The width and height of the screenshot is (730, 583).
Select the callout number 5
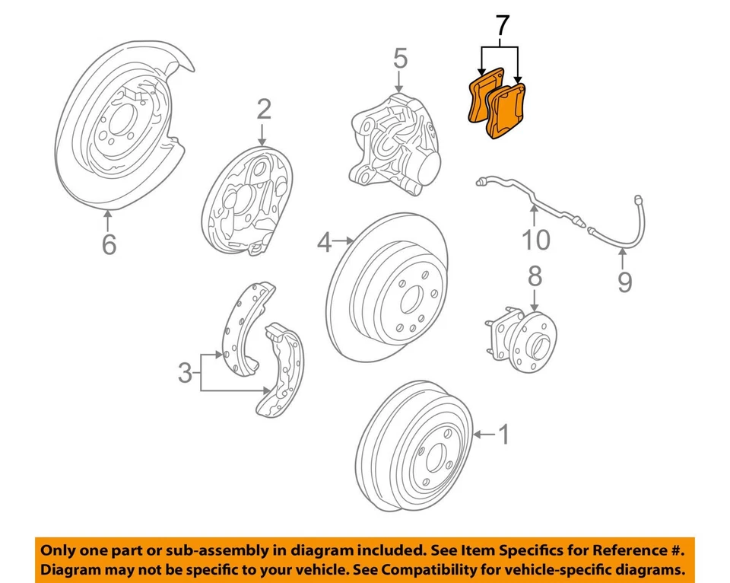400,59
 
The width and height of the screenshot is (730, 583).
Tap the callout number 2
263,110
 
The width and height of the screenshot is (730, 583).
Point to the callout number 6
109,244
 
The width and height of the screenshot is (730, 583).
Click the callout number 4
325,243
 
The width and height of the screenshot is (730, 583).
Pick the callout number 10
535,241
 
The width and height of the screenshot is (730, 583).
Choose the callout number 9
624,282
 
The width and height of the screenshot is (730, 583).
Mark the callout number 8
535,276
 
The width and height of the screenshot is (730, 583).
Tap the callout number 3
185,373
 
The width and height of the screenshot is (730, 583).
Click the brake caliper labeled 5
392,141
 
